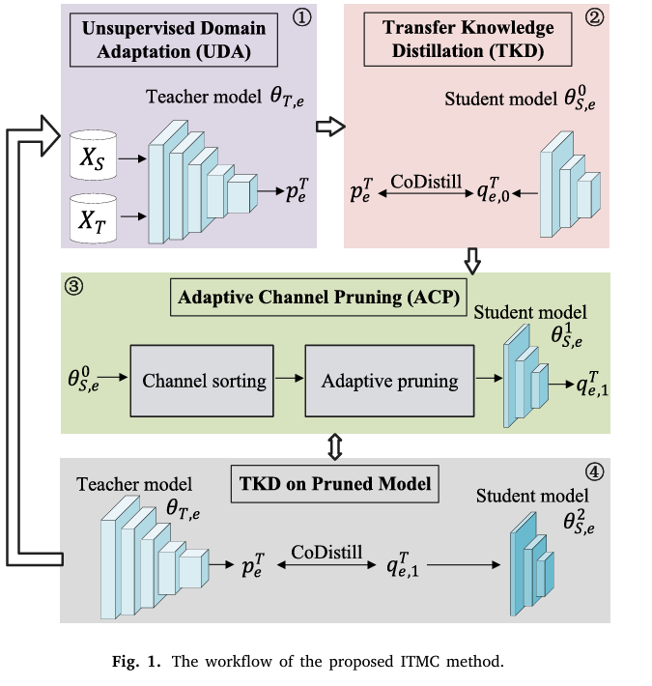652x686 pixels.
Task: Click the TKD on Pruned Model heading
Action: pos(330,480)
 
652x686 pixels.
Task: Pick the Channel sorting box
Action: pos(204,380)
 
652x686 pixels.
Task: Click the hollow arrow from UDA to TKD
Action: pos(330,126)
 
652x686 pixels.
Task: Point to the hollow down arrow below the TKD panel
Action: pos(470,260)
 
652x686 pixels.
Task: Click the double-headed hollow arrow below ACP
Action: pos(330,445)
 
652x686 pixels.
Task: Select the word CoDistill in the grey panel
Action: pos(326,551)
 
